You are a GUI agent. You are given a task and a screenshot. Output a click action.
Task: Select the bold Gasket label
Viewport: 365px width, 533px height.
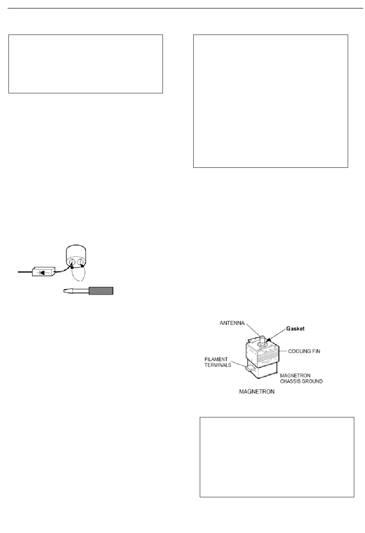295,329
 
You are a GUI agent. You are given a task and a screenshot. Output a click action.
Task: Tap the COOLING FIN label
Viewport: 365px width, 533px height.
304,351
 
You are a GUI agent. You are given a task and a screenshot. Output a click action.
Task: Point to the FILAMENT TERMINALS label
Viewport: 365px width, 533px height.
217,362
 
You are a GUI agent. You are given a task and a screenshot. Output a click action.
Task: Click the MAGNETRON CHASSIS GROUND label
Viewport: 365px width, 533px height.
301,378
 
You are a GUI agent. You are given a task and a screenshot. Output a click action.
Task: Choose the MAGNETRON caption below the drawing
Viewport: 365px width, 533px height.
257,392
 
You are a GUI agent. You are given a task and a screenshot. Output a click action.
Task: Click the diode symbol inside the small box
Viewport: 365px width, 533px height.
43,272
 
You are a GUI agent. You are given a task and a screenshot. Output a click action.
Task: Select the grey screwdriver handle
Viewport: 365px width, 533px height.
101,291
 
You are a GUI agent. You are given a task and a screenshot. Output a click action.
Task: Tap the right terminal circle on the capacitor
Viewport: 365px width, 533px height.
81,263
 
